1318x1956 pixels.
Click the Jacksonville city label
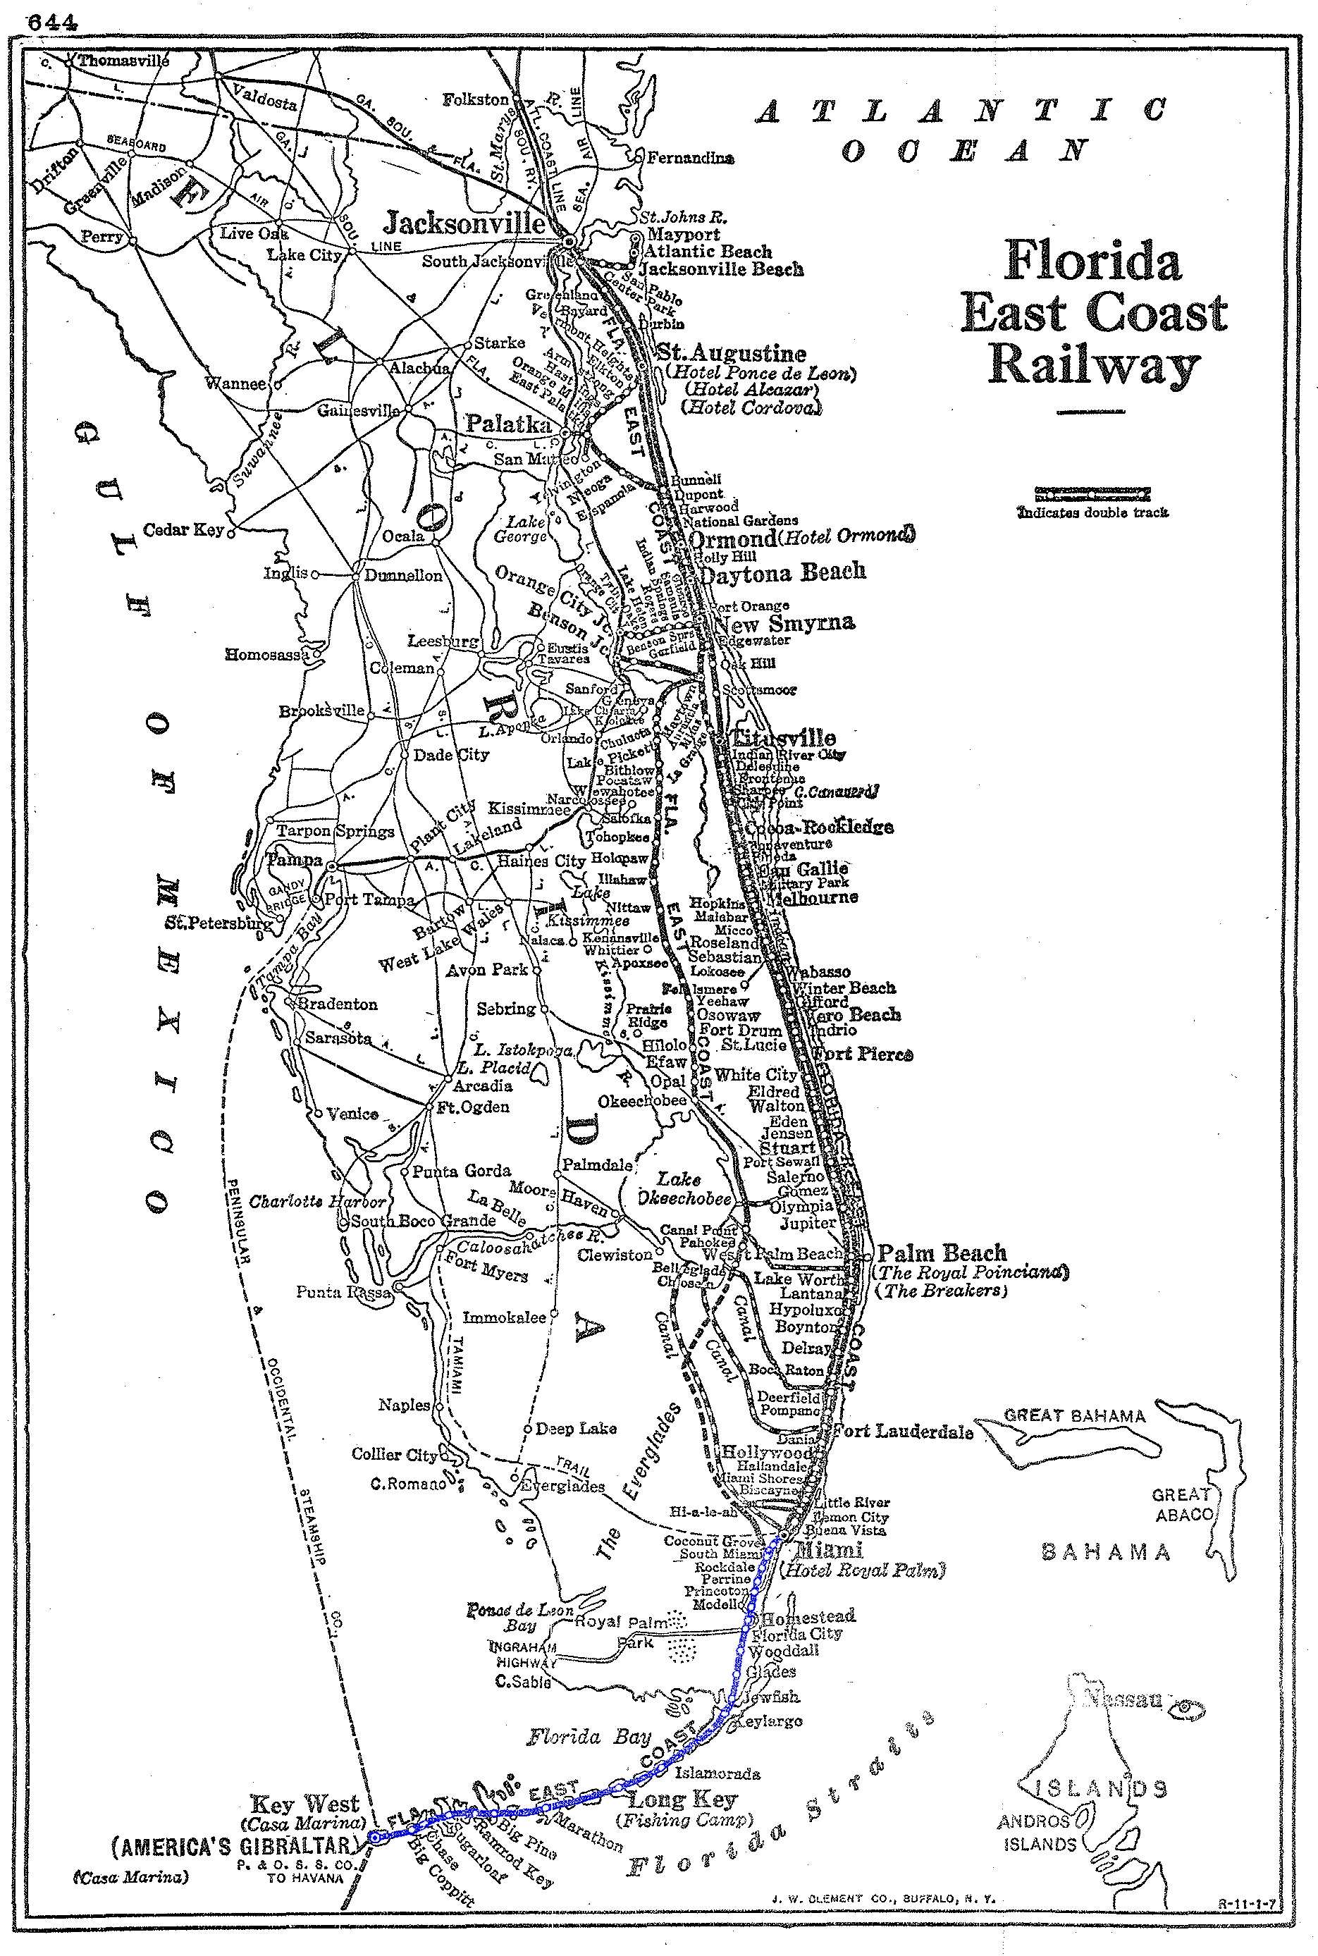464,223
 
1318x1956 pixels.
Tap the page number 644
52,23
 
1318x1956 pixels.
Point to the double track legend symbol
1092,494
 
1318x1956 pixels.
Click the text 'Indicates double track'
1092,512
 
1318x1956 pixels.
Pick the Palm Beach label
942,1253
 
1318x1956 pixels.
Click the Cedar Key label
183,529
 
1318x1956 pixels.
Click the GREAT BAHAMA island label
1074,1415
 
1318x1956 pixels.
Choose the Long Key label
682,1800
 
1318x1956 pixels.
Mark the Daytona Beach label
782,573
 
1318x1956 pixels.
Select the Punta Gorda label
462,1171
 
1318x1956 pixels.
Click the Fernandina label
690,158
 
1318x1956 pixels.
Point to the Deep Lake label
576,1428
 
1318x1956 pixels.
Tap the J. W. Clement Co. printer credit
882,1898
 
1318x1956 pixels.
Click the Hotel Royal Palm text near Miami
863,1569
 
